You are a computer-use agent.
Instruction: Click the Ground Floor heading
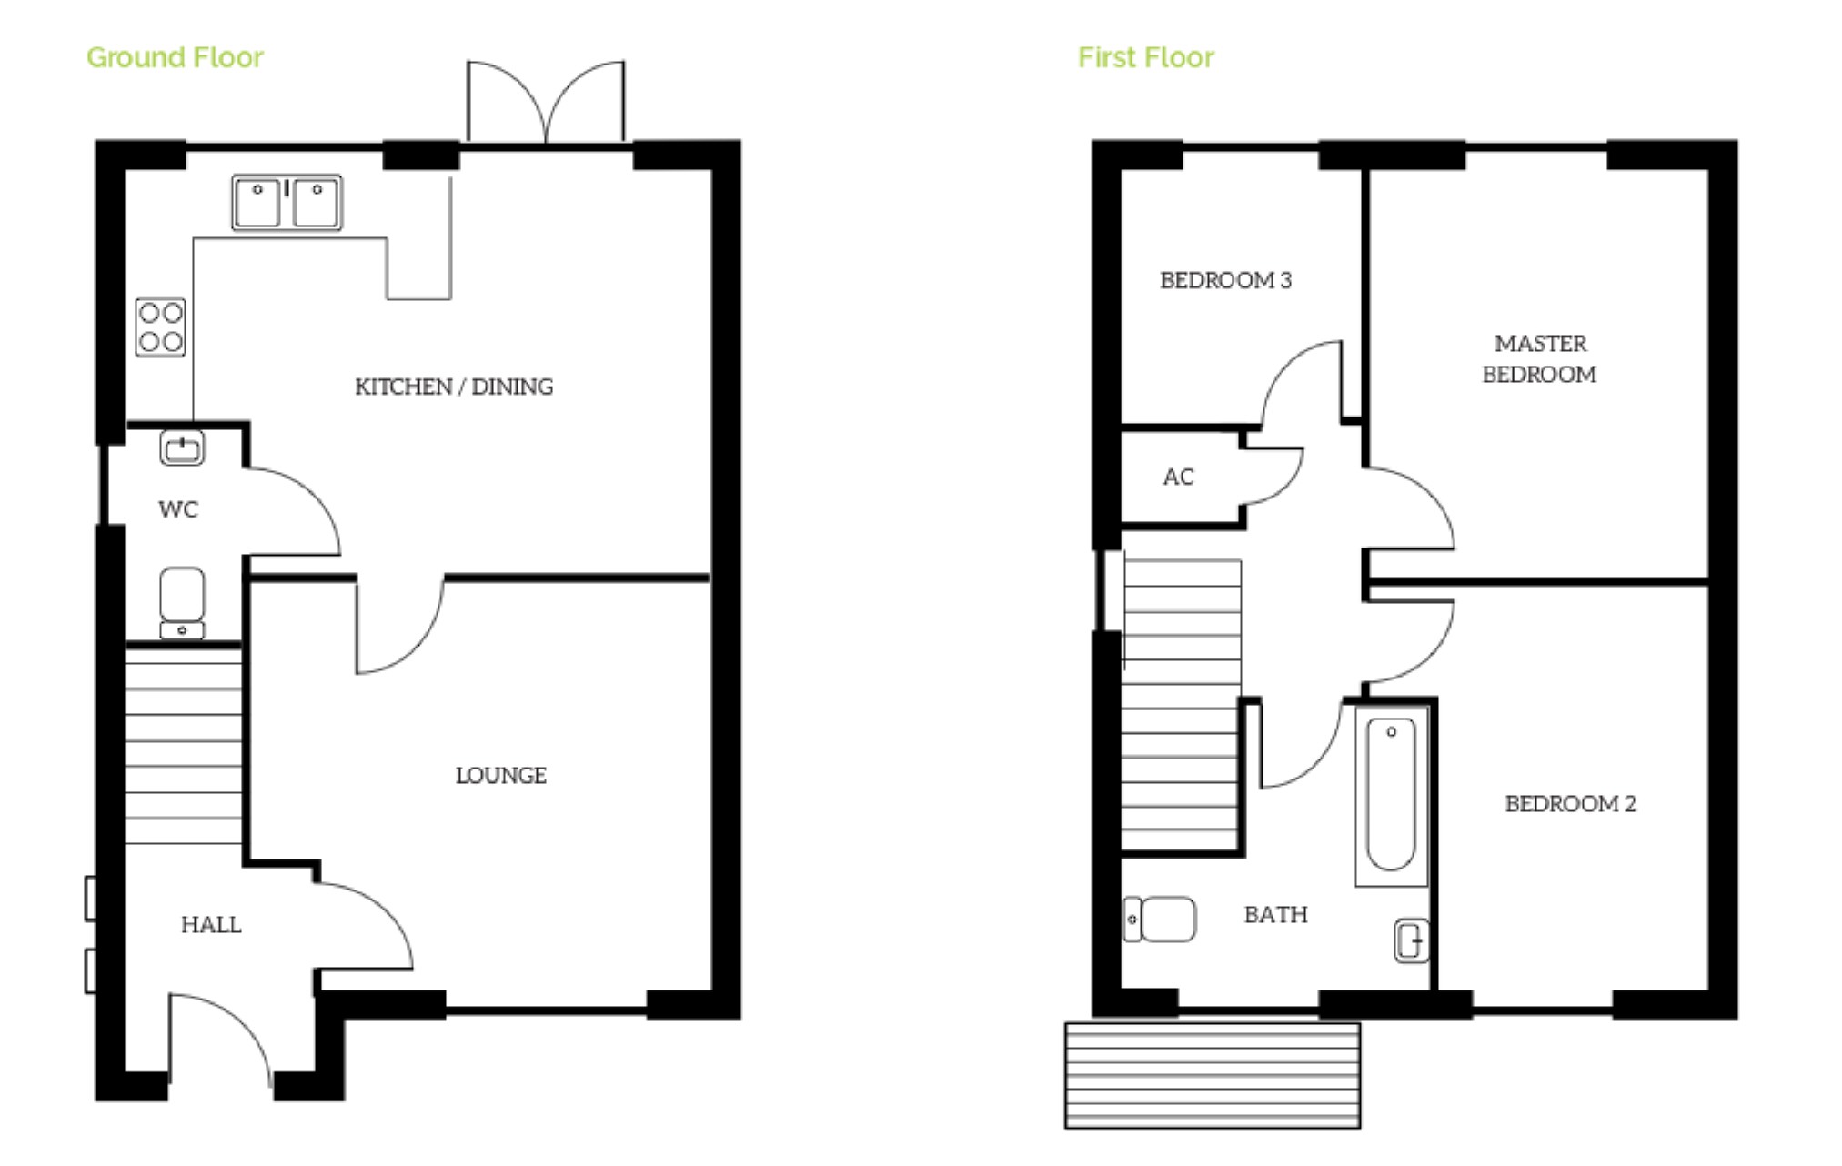pyautogui.click(x=175, y=57)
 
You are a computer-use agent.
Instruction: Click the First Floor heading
pyautogui.click(x=1145, y=57)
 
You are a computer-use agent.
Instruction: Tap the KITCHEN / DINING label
pyautogui.click(x=454, y=387)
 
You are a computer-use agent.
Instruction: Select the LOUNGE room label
pyautogui.click(x=500, y=775)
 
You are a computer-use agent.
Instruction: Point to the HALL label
pyautogui.click(x=211, y=924)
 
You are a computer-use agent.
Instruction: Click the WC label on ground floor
pyautogui.click(x=177, y=508)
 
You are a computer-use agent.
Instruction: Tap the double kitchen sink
pyautogui.click(x=287, y=202)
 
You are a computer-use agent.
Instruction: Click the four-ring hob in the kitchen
pyautogui.click(x=161, y=327)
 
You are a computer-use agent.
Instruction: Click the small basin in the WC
pyautogui.click(x=182, y=447)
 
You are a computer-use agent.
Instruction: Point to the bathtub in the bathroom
pyautogui.click(x=1391, y=794)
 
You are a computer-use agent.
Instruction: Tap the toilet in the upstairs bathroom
pyautogui.click(x=1161, y=920)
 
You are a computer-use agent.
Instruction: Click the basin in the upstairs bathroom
pyautogui.click(x=1411, y=940)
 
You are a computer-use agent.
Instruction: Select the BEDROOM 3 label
pyautogui.click(x=1225, y=280)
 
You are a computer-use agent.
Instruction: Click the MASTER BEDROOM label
pyautogui.click(x=1539, y=358)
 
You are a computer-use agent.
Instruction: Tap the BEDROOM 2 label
pyautogui.click(x=1569, y=803)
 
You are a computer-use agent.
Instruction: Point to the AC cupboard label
pyautogui.click(x=1177, y=477)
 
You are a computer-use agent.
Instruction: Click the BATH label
pyautogui.click(x=1275, y=914)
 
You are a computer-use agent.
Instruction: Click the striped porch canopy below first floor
pyautogui.click(x=1212, y=1075)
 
